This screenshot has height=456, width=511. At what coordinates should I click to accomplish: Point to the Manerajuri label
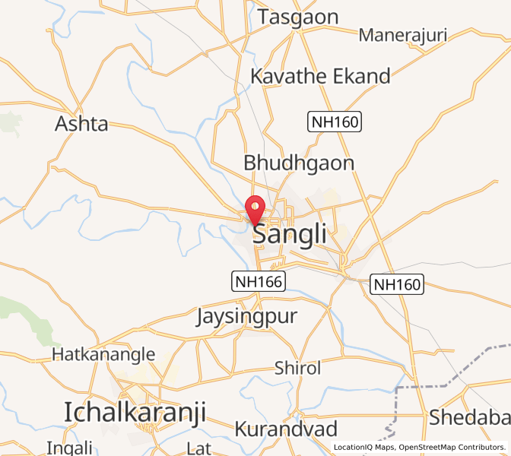tap(402, 35)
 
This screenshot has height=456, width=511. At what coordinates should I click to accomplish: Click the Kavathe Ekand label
tap(320, 76)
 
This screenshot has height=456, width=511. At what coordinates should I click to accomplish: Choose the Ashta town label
tap(81, 124)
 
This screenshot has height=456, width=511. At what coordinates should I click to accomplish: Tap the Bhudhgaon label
tap(299, 163)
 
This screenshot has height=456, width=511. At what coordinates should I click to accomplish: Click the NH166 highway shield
tap(259, 281)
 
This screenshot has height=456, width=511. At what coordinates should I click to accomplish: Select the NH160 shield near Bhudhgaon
tap(334, 121)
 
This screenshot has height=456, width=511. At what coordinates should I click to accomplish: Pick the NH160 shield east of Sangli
tap(396, 285)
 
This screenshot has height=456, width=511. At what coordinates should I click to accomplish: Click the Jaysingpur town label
tap(246, 315)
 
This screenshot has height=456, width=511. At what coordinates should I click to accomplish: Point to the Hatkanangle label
tap(103, 354)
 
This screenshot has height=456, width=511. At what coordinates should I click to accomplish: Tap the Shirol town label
tap(298, 369)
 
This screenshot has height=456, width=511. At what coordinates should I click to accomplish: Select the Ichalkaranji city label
tap(135, 412)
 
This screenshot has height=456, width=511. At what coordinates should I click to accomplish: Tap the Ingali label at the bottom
tap(70, 447)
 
